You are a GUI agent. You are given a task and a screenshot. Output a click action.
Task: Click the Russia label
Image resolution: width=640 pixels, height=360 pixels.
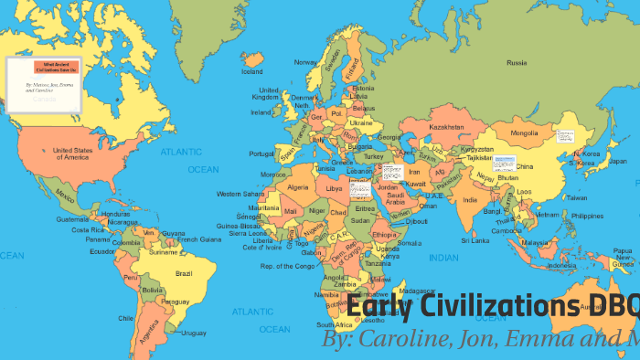[x=517, y=63]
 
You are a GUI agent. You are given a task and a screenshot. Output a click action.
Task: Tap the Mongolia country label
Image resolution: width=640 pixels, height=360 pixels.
[x=524, y=132]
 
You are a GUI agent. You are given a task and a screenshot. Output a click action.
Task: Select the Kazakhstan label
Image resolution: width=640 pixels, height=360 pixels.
[x=447, y=126]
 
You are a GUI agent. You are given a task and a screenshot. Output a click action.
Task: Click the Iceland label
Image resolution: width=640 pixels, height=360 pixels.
[x=252, y=70]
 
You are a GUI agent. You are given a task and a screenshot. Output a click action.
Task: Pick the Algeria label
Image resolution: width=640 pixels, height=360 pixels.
[x=299, y=186]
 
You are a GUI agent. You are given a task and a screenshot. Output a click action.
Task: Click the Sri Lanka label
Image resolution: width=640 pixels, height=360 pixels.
[x=475, y=240]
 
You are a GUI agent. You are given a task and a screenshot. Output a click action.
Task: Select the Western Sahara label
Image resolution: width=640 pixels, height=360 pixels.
[x=241, y=194]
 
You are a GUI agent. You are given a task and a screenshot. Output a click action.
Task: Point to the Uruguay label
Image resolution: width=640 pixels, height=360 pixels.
[x=194, y=332]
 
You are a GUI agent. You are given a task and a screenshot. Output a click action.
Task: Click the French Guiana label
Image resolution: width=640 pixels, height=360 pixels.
[x=199, y=239]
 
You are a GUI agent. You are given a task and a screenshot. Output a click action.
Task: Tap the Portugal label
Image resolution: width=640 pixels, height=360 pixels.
[x=261, y=154]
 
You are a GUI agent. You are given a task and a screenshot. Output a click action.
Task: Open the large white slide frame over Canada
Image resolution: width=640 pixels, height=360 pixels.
[x=46, y=81]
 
